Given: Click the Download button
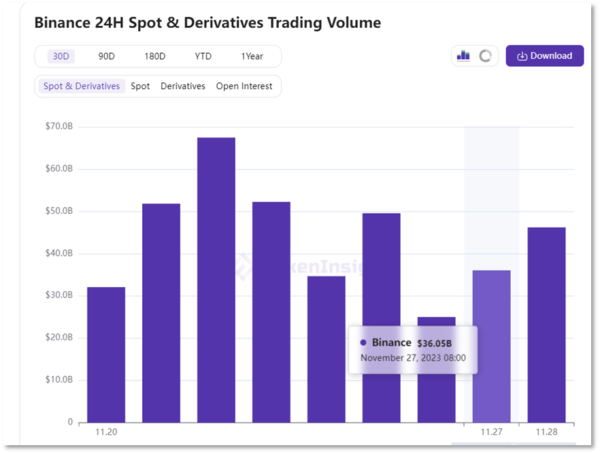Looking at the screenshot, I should pyautogui.click(x=544, y=56).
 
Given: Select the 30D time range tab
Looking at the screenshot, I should pyautogui.click(x=61, y=56).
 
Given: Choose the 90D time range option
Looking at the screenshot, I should pyautogui.click(x=107, y=56).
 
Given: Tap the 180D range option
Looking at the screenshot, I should pyautogui.click(x=154, y=56).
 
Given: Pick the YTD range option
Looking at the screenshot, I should pyautogui.click(x=203, y=56).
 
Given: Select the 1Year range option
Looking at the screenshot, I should pyautogui.click(x=252, y=56).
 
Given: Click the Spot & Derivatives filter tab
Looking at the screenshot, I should pyautogui.click(x=82, y=86).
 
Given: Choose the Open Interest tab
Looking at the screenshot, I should pyautogui.click(x=244, y=86).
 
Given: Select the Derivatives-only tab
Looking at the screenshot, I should pyautogui.click(x=182, y=86).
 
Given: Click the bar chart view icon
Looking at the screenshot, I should pyautogui.click(x=463, y=56).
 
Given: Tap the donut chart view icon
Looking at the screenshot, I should pyautogui.click(x=485, y=56).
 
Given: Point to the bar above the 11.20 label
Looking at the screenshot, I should pyautogui.click(x=106, y=354).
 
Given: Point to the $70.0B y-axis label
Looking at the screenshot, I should pyautogui.click(x=59, y=126).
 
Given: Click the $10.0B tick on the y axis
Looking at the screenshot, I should pyautogui.click(x=59, y=380).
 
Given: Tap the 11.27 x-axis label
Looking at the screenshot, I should pyautogui.click(x=491, y=432).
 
